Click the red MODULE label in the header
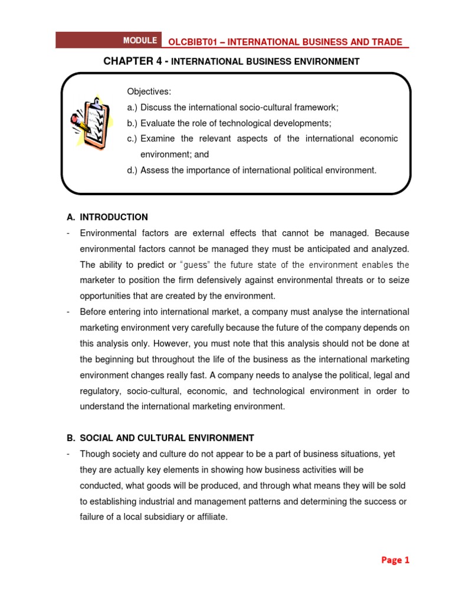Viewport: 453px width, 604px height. pos(140,41)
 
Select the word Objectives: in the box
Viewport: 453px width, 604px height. pos(149,91)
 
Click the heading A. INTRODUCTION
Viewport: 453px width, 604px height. pos(107,217)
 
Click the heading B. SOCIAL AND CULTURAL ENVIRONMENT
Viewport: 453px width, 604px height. pos(160,438)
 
